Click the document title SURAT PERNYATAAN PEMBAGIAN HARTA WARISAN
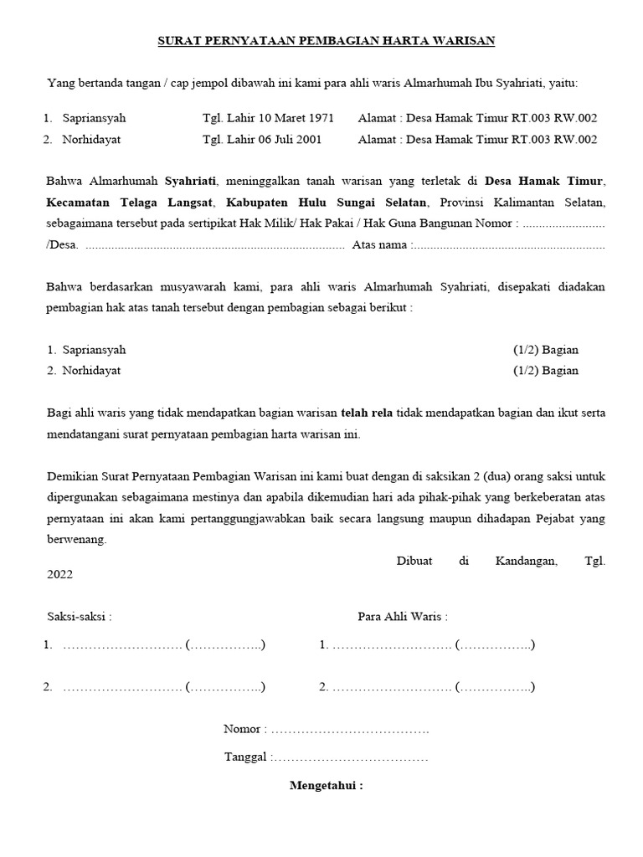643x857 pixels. (327, 40)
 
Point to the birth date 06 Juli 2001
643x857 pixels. (286, 140)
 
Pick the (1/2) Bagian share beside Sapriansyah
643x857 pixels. (545, 350)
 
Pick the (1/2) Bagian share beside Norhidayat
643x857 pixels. (545, 371)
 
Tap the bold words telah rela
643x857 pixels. (367, 413)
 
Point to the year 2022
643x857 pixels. (60, 575)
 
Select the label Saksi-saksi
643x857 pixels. (79, 617)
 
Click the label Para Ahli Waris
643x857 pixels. (402, 617)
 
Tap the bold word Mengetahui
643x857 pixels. (327, 786)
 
